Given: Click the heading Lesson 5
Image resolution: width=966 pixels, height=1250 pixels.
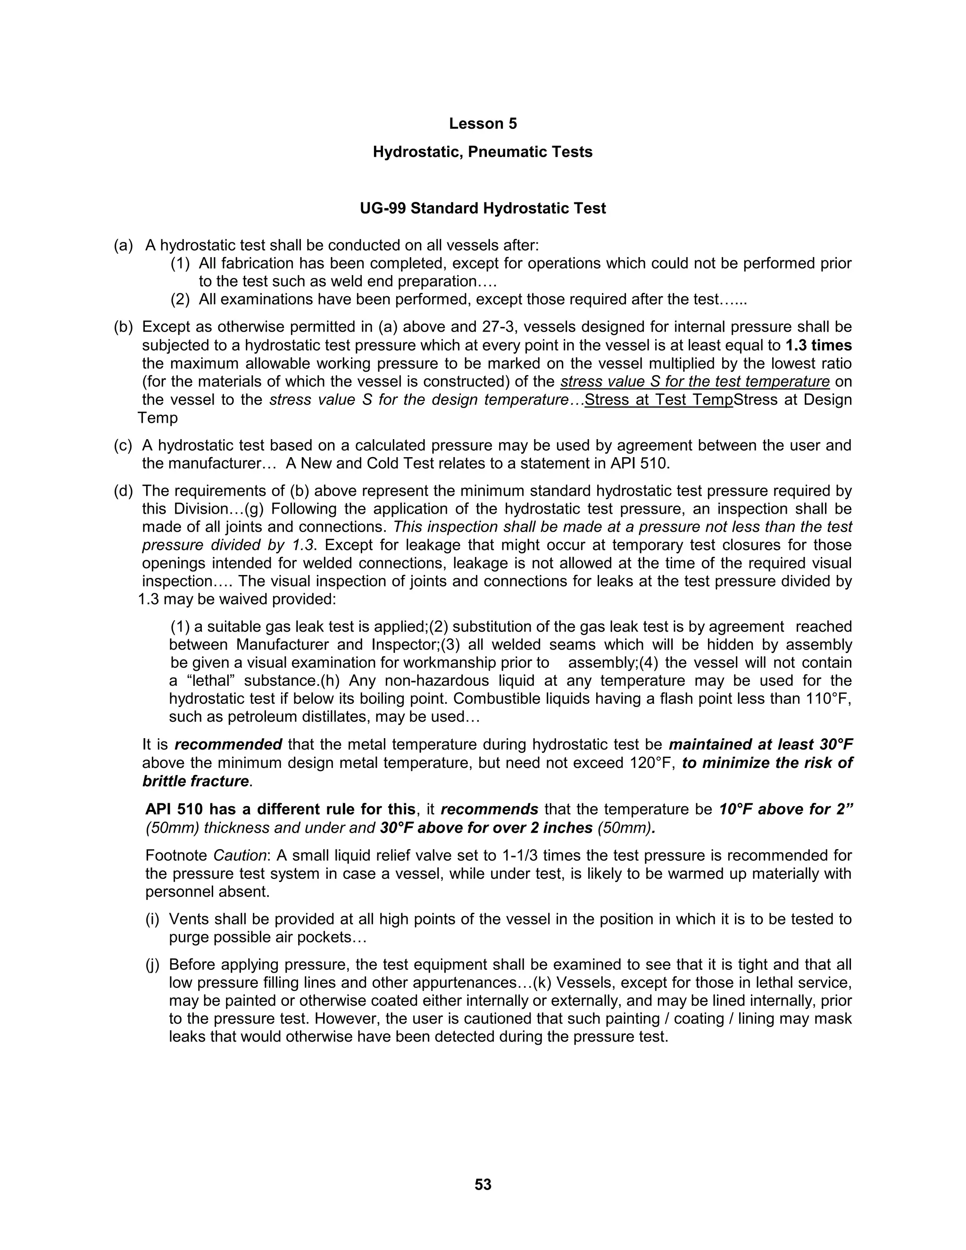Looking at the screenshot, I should pos(483,124).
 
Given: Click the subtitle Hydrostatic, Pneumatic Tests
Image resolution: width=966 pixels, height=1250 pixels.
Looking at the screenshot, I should pos(483,152).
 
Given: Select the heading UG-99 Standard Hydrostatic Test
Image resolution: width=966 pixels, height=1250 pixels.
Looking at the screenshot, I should pos(483,208).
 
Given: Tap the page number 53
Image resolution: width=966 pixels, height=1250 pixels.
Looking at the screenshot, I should pos(483,1184).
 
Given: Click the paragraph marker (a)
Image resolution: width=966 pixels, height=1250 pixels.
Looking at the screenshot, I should pos(123,246).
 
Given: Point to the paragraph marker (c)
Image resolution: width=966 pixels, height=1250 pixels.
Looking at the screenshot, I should pos(123,445).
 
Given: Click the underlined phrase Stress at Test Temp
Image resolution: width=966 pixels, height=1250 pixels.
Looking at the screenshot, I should pos(658,400).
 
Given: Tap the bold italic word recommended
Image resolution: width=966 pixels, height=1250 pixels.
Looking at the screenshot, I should pos(228,745).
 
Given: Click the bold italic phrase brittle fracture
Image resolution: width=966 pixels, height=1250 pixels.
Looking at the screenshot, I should pos(196,781).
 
